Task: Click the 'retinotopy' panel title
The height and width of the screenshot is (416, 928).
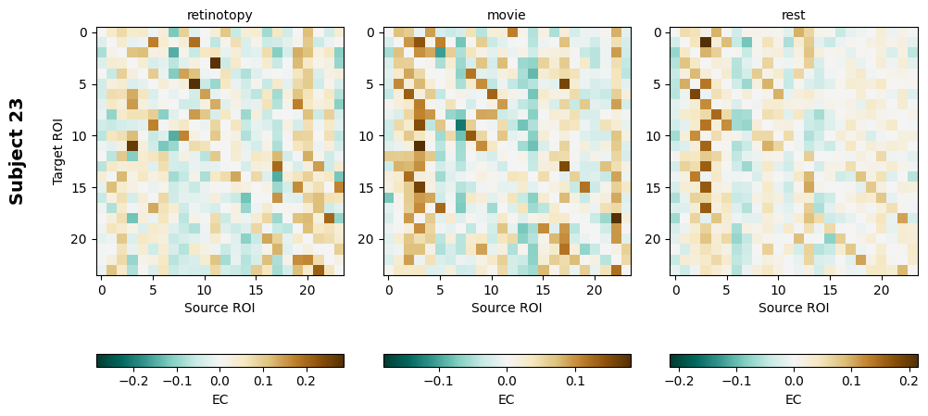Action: pyautogui.click(x=219, y=15)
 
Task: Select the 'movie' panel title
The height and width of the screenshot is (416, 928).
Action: pyautogui.click(x=507, y=15)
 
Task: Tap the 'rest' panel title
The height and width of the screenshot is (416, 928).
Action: pyautogui.click(x=794, y=15)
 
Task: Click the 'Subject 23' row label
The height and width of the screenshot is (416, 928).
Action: pyautogui.click(x=17, y=151)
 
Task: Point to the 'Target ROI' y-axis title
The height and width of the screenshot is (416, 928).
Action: pyautogui.click(x=58, y=151)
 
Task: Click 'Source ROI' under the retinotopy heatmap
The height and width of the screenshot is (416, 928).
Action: pyautogui.click(x=219, y=308)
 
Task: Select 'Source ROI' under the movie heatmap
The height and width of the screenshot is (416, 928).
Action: pyautogui.click(x=507, y=308)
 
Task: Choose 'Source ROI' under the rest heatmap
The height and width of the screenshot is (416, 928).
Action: pyautogui.click(x=794, y=308)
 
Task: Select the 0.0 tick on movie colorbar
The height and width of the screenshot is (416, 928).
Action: pyautogui.click(x=507, y=380)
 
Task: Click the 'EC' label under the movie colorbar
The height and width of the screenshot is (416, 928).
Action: pyautogui.click(x=507, y=399)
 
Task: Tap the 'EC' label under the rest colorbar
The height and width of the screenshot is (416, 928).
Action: pyautogui.click(x=794, y=399)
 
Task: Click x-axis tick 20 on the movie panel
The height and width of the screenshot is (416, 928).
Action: pyautogui.click(x=594, y=290)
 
